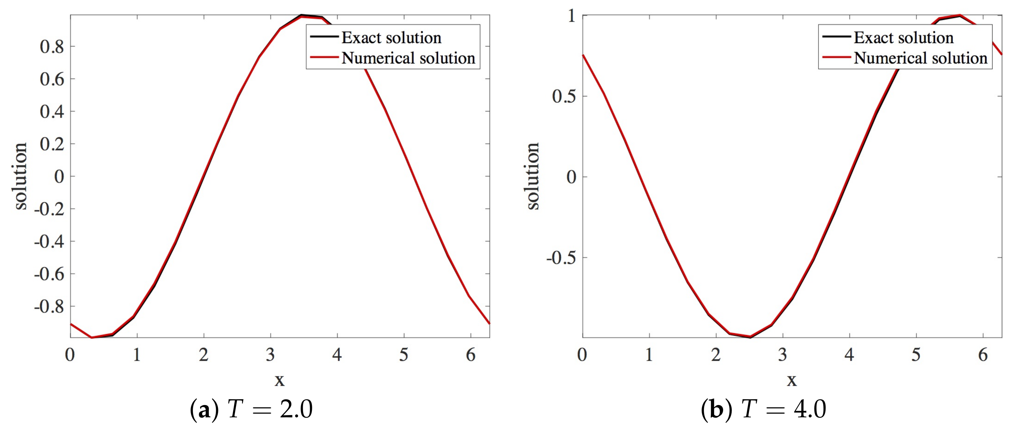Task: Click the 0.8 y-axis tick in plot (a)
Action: click(x=52, y=47)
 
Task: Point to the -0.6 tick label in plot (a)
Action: click(x=49, y=274)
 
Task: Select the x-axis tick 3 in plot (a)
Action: click(x=270, y=355)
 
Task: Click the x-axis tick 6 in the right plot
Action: click(x=983, y=355)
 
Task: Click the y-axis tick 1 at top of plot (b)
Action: click(x=572, y=16)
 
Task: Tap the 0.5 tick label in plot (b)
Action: click(x=564, y=96)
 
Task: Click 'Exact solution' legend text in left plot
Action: click(x=391, y=38)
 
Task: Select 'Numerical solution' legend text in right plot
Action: click(x=920, y=58)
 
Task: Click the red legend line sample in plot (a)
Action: click(x=324, y=58)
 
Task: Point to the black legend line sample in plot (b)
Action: click(x=836, y=37)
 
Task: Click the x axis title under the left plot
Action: click(x=279, y=380)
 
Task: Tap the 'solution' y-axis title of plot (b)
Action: click(x=533, y=176)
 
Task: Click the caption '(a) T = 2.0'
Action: click(x=251, y=409)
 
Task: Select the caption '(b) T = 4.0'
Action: click(x=763, y=409)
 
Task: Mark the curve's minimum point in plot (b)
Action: click(x=750, y=337)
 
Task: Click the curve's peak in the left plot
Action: click(x=301, y=16)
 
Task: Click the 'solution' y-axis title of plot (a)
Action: click(x=20, y=176)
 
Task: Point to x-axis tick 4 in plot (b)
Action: click(x=849, y=355)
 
